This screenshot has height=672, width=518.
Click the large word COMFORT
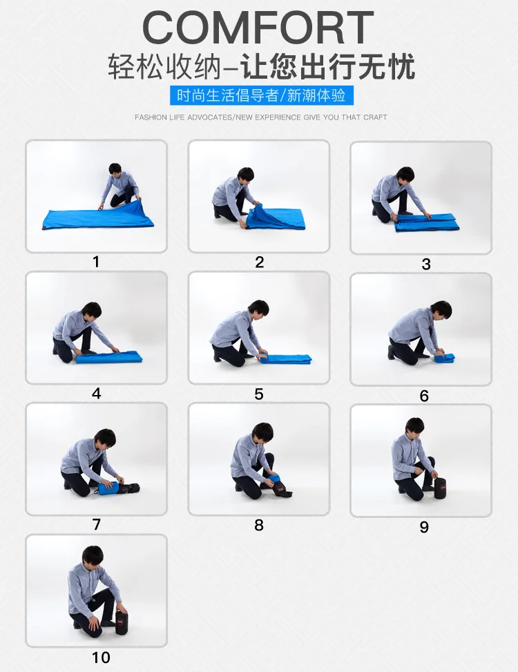258,28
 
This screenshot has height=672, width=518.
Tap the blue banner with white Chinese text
261,95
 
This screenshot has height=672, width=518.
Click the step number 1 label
96,262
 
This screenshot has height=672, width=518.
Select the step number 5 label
259,394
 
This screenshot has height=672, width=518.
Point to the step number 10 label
101,657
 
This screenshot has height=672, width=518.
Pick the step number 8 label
259,525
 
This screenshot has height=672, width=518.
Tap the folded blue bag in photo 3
427,222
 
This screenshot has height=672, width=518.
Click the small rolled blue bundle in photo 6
444,358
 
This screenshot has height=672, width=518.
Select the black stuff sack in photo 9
440,488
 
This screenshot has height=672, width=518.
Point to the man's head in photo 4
91,310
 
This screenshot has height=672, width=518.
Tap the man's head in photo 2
245,175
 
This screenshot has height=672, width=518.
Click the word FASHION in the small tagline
151,117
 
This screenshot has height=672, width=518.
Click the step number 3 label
426,264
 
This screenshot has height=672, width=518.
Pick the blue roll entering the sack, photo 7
109,488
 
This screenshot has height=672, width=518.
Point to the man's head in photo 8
262,432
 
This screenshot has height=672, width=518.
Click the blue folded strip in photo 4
109,357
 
